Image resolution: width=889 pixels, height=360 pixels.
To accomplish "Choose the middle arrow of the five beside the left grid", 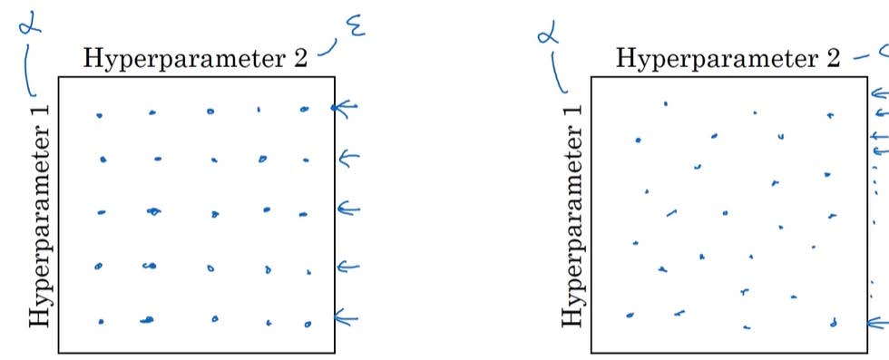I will [349, 209].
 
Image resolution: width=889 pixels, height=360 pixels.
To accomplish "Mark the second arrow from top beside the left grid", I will [349, 159].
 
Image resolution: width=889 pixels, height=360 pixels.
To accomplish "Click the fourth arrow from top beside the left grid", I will [349, 267].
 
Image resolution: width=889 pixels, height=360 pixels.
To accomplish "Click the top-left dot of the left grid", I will [99, 115].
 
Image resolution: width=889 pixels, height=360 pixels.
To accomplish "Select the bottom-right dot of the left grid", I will [308, 324].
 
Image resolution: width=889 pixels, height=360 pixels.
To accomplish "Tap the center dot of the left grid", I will [215, 215].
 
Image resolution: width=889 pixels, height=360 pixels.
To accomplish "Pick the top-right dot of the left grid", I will [305, 110].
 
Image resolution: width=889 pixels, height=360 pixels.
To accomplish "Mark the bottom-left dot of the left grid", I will [101, 322].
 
